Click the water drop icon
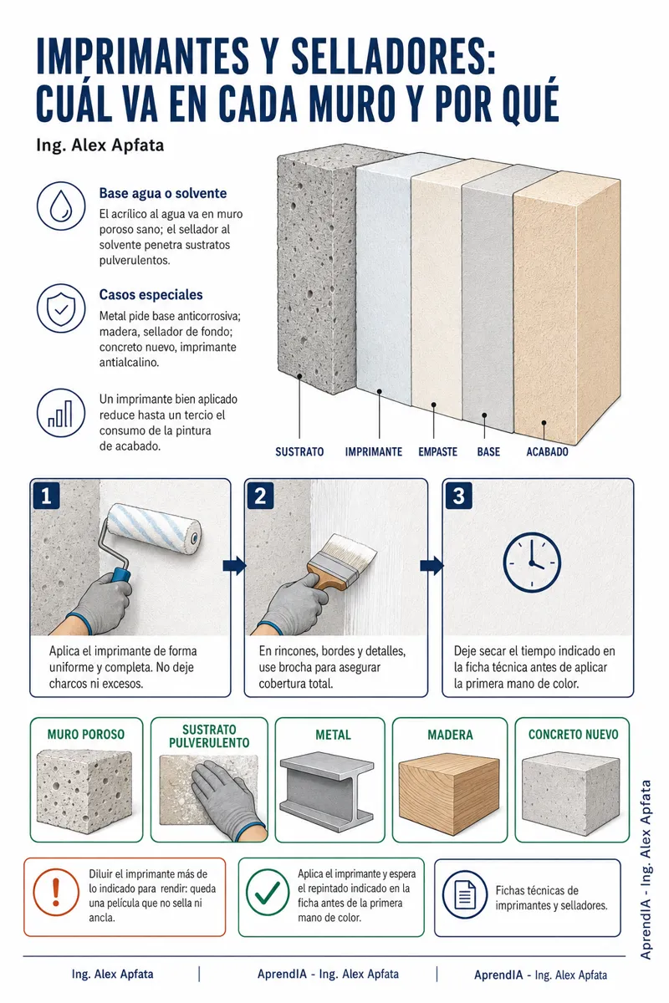point(61,206)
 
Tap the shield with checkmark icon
point(61,308)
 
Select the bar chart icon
point(61,413)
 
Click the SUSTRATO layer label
point(299,452)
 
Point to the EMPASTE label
point(438,452)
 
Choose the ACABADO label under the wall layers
point(547,452)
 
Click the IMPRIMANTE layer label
point(373,452)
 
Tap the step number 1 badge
point(46,496)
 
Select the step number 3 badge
point(458,496)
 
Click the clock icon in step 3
point(532,563)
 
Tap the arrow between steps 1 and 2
point(234,566)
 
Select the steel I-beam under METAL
point(327,790)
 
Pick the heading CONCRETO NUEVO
point(573,735)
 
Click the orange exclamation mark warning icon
point(56,893)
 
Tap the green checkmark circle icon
point(268,893)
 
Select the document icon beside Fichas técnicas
point(465,895)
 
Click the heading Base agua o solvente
point(163,193)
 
